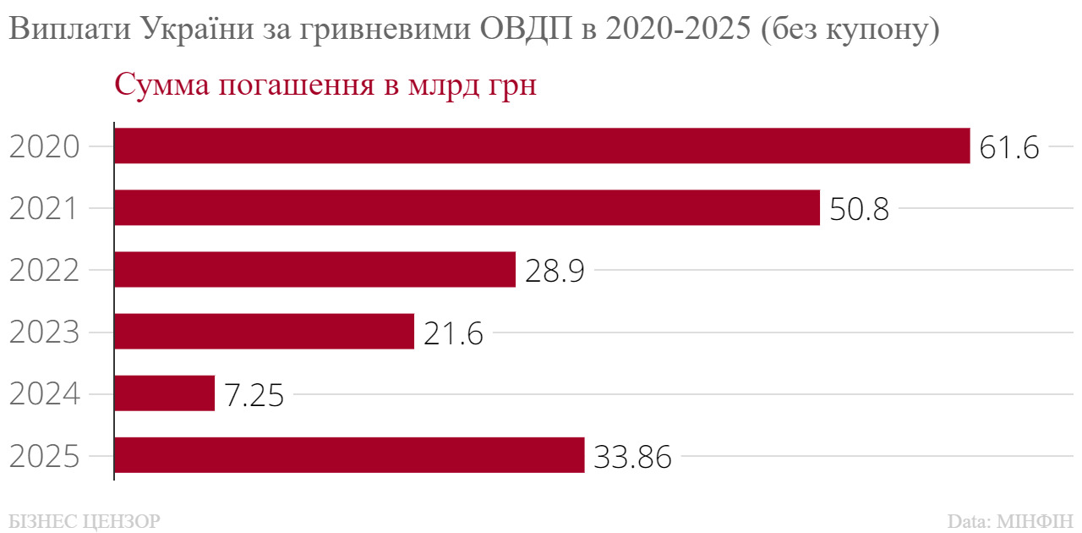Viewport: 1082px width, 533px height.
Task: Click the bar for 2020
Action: (x=541, y=146)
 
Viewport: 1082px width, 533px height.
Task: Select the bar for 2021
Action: (x=467, y=207)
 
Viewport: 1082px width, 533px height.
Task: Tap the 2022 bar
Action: (x=314, y=269)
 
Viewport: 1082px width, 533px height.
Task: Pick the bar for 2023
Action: (x=264, y=331)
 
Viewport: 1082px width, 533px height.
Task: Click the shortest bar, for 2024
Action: (x=164, y=393)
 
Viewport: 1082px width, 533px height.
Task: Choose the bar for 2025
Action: (x=349, y=455)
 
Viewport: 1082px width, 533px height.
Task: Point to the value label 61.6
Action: (x=1008, y=147)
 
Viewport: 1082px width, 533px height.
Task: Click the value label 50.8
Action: (x=859, y=209)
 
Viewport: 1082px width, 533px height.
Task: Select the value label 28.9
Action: (x=555, y=271)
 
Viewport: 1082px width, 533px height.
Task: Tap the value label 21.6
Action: (x=453, y=332)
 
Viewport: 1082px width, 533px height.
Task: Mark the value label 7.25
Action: (x=254, y=394)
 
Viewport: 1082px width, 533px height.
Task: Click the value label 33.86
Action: (x=632, y=457)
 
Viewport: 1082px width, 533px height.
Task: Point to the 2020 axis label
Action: (x=45, y=147)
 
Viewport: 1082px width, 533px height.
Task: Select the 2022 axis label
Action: (x=45, y=271)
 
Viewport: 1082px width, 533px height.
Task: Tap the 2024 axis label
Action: (x=45, y=394)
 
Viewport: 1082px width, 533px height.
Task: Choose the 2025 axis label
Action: (x=45, y=457)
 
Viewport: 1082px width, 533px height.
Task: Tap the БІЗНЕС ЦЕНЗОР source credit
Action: (x=84, y=519)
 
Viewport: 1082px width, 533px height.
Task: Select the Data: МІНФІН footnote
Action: (x=1010, y=519)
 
